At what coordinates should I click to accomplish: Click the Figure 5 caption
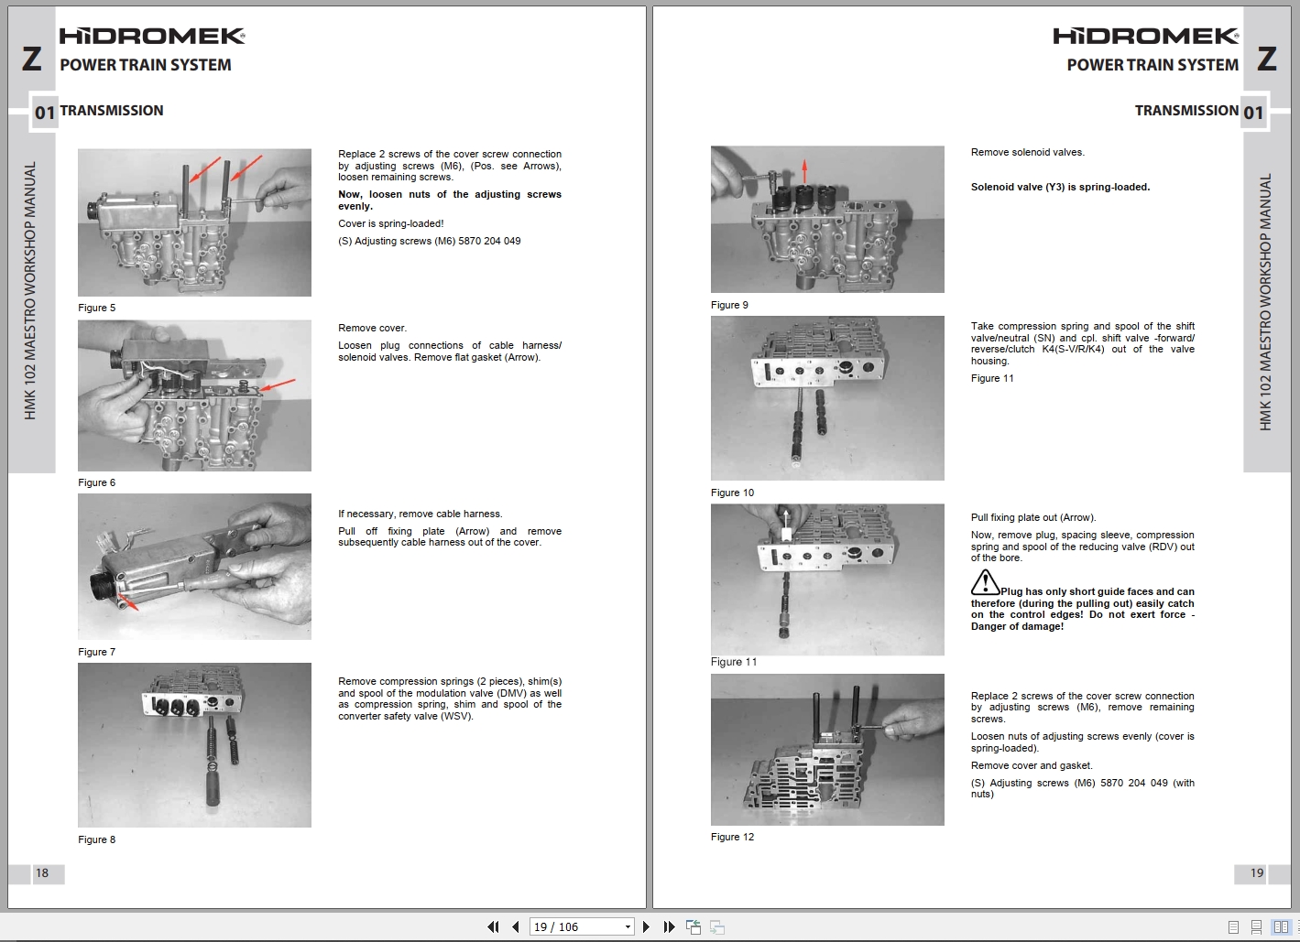pos(97,308)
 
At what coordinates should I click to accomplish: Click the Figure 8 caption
pos(97,839)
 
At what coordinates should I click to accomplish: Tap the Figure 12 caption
pos(732,837)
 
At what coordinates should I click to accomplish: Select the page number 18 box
pos(42,873)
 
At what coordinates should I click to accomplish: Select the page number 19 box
pos(1257,873)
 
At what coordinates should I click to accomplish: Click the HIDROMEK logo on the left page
pos(152,36)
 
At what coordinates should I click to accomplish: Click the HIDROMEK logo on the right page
pos(1145,36)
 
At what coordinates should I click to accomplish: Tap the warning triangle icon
pos(985,582)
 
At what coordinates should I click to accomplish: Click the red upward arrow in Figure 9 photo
pos(804,170)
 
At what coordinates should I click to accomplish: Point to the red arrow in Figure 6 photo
pos(279,384)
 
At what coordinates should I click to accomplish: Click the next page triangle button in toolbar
pos(647,927)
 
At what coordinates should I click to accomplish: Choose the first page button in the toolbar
pos(493,927)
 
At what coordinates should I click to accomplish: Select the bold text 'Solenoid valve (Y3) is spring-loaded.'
pos(1060,187)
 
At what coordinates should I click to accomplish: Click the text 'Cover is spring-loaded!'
pos(390,223)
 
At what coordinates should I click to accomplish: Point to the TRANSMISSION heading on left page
pos(112,111)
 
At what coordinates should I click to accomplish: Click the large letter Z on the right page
pos(1267,59)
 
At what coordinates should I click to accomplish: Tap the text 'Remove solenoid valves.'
pos(1027,152)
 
